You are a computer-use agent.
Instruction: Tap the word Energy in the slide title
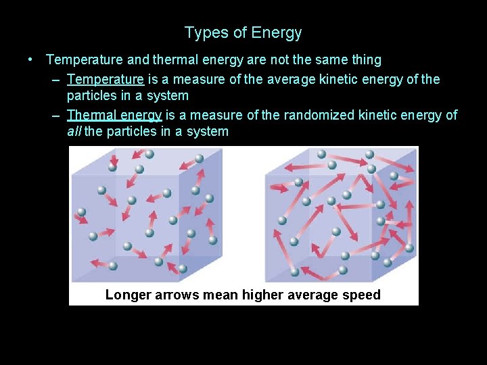[276, 32]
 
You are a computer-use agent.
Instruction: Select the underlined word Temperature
[105, 79]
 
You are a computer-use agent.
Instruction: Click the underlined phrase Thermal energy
[114, 115]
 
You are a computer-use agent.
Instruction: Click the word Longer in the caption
[129, 295]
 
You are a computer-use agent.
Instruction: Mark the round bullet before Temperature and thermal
[31, 59]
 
